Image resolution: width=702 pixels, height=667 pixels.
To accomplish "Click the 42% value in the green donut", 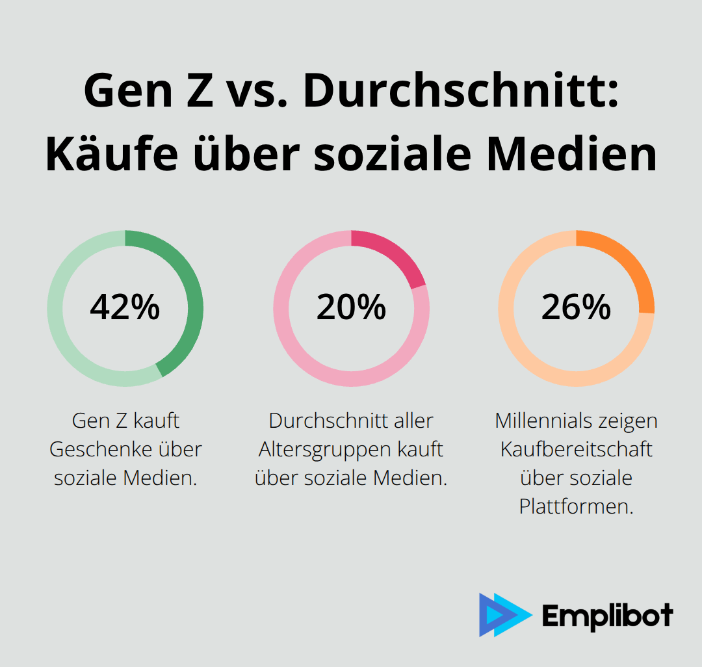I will click(x=125, y=307).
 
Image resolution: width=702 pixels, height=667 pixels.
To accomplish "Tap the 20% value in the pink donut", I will click(x=351, y=307).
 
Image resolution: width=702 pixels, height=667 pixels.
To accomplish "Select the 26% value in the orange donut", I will click(x=576, y=307).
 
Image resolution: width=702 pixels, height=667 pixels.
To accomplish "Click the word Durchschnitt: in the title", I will click(x=461, y=92).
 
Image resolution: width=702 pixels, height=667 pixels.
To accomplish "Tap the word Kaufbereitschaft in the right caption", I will click(x=576, y=449).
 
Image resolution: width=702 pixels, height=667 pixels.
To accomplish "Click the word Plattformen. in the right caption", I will click(x=576, y=506).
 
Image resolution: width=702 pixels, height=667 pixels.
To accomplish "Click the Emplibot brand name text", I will click(x=607, y=615).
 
